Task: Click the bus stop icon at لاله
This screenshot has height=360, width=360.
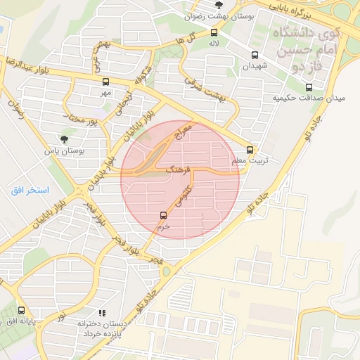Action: click(214, 32)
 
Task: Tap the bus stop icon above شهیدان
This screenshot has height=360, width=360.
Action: click(254, 54)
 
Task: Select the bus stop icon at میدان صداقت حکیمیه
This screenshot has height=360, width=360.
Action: click(309, 87)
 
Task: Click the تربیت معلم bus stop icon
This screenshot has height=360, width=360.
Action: click(250, 149)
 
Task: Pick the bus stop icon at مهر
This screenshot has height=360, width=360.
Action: click(105, 82)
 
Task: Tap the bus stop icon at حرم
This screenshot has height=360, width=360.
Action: click(163, 215)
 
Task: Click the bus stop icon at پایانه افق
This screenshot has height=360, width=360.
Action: click(20, 310)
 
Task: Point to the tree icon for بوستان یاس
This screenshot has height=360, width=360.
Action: click(65, 139)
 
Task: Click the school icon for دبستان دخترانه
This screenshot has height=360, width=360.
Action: click(101, 313)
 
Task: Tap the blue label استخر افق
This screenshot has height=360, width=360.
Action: click(30, 191)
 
